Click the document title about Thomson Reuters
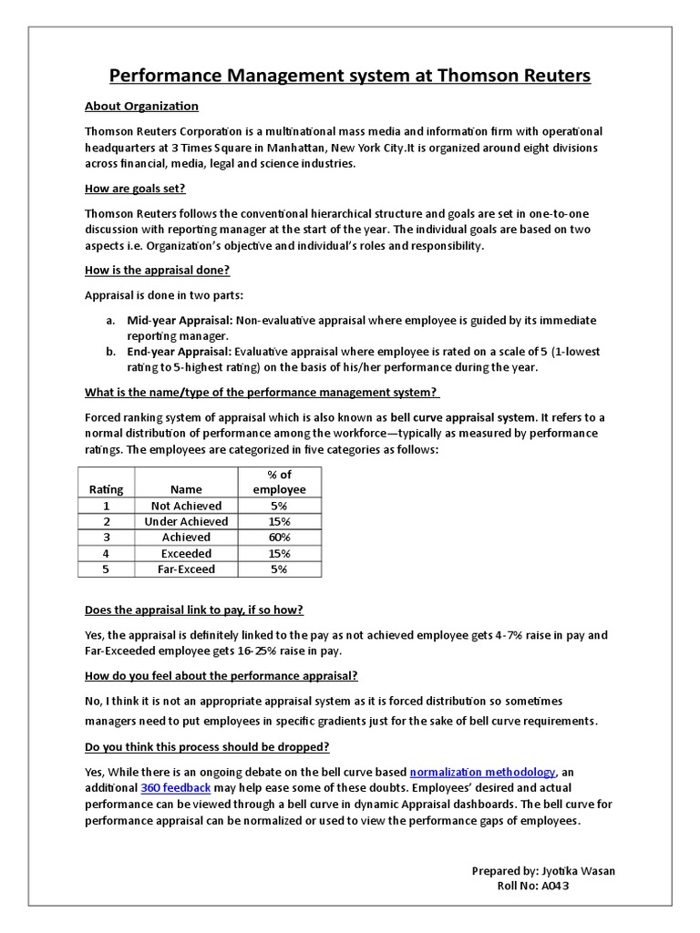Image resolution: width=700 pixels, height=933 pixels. click(x=350, y=75)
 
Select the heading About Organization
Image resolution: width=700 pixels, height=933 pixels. click(x=141, y=107)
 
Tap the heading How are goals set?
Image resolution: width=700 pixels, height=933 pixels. click(x=135, y=189)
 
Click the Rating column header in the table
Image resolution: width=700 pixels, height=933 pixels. click(x=106, y=489)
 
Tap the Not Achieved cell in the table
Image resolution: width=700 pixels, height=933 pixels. click(x=186, y=506)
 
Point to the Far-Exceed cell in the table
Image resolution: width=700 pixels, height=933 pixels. click(x=186, y=569)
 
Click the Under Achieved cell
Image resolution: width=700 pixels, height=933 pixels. click(x=186, y=521)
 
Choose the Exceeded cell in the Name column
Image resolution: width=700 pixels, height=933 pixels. click(x=186, y=553)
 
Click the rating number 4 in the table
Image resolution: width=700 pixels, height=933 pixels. click(x=106, y=553)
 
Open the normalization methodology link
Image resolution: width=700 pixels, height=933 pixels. click(x=483, y=773)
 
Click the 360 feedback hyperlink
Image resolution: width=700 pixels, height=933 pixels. click(x=176, y=788)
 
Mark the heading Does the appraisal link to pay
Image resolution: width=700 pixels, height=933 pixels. click(x=194, y=610)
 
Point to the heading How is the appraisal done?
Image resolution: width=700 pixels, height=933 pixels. click(x=157, y=271)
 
